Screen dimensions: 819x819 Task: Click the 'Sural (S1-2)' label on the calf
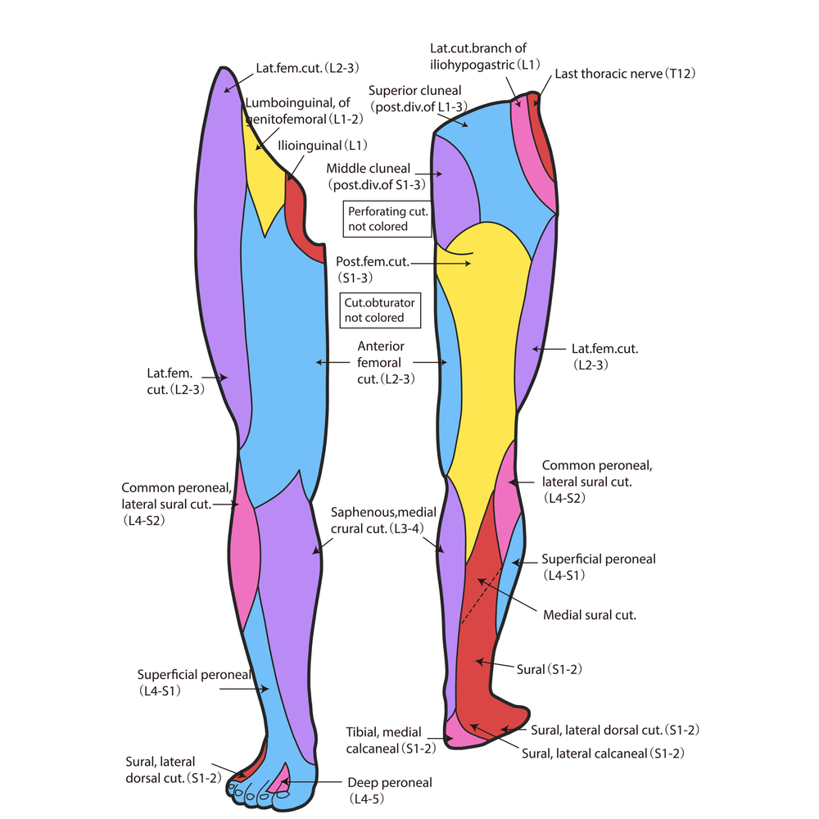pos(549,669)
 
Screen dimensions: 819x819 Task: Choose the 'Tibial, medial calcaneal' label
pos(392,740)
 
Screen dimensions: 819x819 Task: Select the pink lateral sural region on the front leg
pos(248,557)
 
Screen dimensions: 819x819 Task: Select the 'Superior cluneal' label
pos(415,98)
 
